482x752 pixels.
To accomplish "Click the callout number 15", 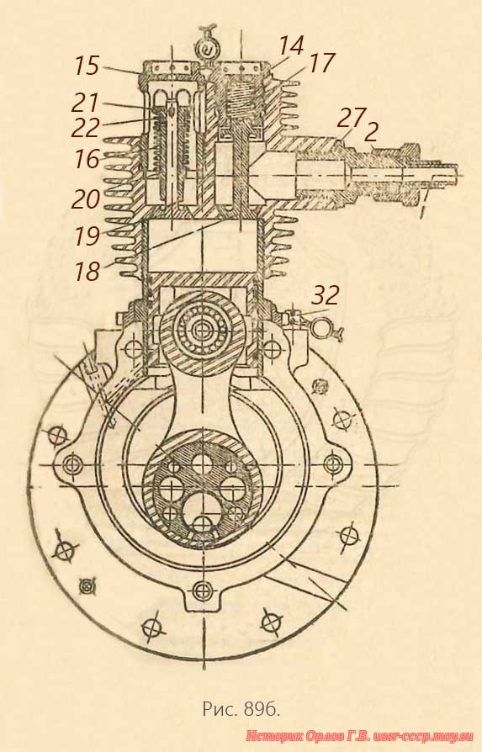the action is (87, 66).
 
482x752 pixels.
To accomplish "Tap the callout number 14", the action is (291, 46).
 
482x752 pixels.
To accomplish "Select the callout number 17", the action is (321, 63).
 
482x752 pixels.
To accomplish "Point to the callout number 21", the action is (85, 103).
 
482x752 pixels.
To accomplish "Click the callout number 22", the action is (85, 128).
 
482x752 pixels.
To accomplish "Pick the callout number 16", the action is (87, 159).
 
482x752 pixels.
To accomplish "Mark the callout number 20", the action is (86, 199).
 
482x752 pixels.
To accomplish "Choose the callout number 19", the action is (87, 236).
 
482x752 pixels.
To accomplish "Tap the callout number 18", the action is (87, 271).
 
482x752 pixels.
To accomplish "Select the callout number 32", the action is (326, 295).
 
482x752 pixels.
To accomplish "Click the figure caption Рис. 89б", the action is (241, 709).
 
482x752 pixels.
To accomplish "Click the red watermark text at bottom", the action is (360, 736).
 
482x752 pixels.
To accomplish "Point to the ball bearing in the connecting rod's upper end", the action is (202, 329).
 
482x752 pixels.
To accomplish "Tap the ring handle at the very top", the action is (208, 47).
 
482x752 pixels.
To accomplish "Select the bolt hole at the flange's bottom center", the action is (202, 589).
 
